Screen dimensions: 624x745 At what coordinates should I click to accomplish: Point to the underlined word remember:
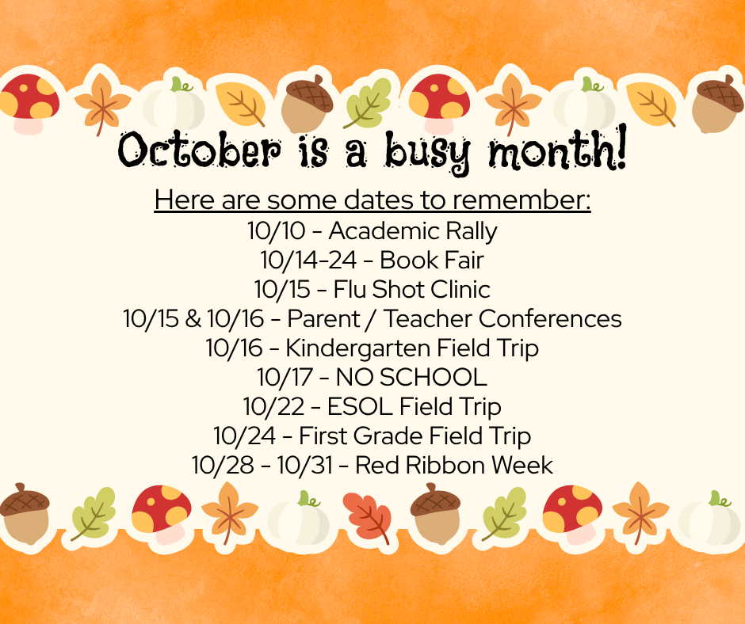(532, 200)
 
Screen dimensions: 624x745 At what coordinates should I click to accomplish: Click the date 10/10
(273, 231)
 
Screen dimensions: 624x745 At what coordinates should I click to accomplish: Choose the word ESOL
(360, 406)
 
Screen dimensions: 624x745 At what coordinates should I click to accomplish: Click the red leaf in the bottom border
(366, 516)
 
